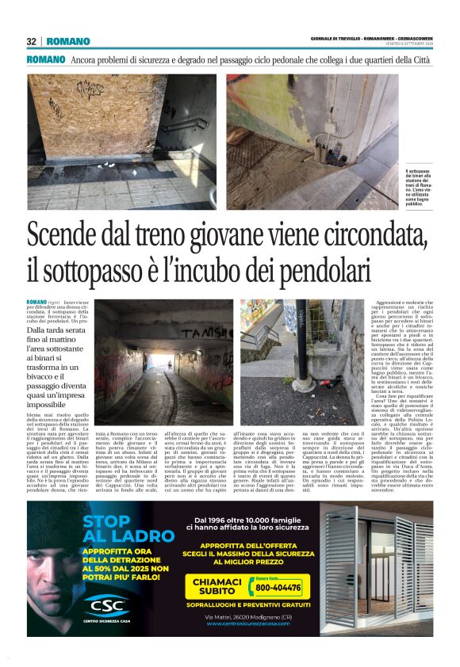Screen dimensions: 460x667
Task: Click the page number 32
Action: (32, 41)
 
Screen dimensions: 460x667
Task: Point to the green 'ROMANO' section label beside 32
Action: (67, 41)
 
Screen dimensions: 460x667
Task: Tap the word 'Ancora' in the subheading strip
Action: (86, 60)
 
